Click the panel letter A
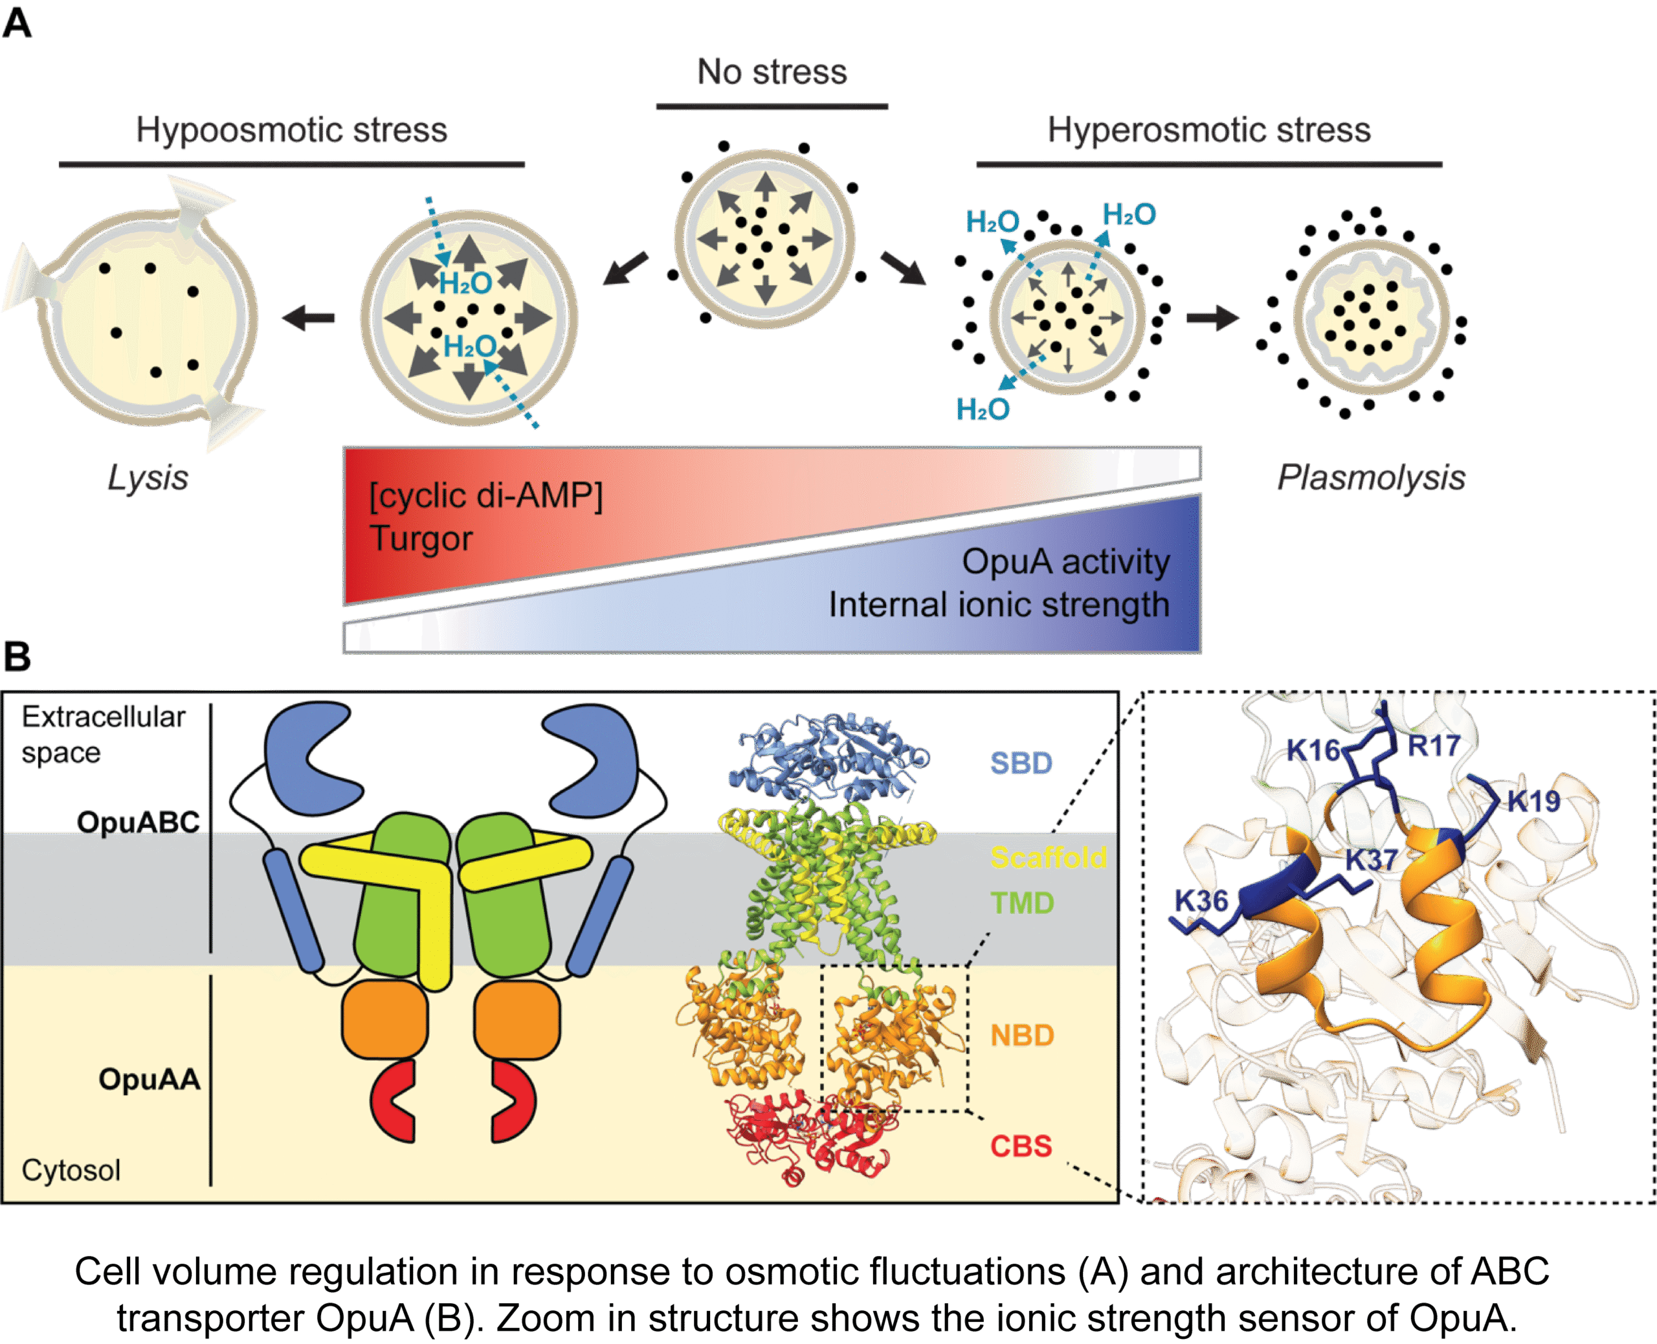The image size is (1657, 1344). coord(17,23)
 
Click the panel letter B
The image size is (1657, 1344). coord(17,656)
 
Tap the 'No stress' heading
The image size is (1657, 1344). coord(772,72)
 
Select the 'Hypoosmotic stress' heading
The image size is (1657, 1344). coord(292,130)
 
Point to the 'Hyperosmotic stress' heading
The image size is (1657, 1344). coord(1209,130)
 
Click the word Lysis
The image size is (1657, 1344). coord(148,478)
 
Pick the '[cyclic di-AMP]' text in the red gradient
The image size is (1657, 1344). coord(486,495)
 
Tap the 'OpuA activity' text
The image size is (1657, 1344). coord(1065,562)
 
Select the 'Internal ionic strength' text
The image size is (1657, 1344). coord(998,605)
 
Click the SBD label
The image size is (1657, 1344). coord(1021,763)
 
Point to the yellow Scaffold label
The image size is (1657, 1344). coord(1049,858)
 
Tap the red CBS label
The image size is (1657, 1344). coord(1021,1146)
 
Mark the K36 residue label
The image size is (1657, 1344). coord(1201,901)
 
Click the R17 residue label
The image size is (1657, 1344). coord(1433,746)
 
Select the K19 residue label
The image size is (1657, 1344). coord(1533,801)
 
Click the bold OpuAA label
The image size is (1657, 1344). coord(150,1079)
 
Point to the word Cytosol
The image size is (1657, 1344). coord(71,1170)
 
